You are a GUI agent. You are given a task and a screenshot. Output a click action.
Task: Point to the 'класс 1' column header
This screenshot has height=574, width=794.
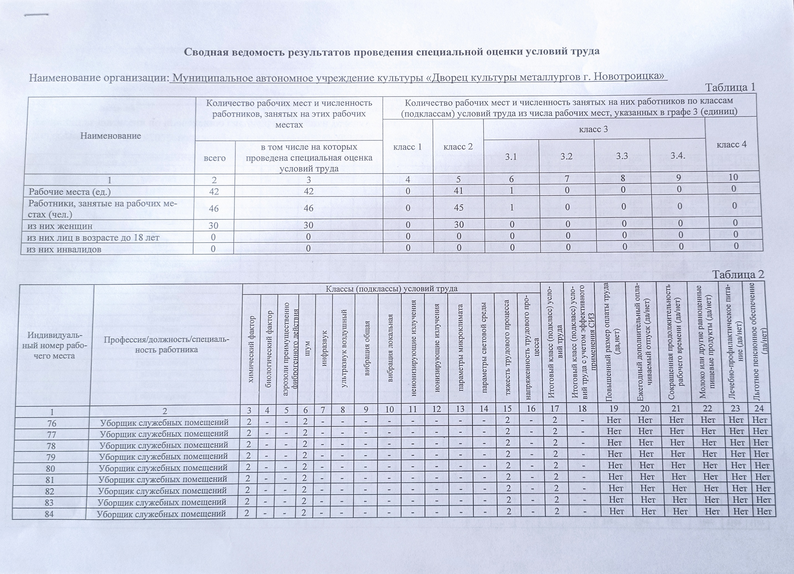click(407, 147)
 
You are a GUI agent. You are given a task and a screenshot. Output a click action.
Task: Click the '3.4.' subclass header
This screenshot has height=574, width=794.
click(677, 155)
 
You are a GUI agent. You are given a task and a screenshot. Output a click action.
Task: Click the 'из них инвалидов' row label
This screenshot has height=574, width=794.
click(64, 249)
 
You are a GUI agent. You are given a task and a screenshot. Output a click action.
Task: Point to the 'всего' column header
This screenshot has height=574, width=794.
click(215, 158)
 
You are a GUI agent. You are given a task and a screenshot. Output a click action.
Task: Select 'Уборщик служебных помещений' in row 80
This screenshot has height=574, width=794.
click(163, 467)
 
